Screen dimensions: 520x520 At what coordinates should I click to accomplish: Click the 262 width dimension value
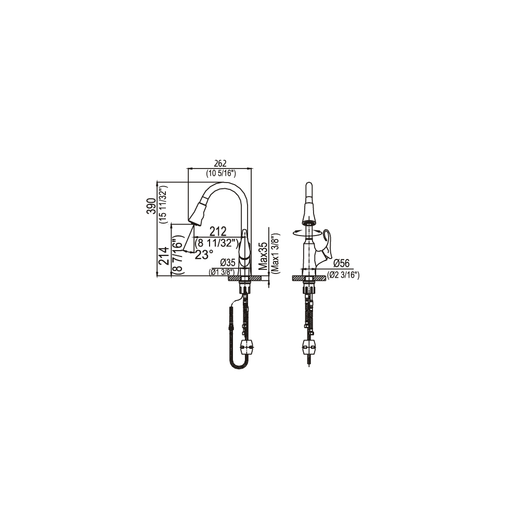click(x=220, y=163)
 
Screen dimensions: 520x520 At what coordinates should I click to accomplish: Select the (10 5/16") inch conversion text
click(x=220, y=173)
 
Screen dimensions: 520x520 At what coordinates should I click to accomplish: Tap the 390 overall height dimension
click(x=151, y=206)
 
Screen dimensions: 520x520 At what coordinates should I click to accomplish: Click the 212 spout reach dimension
click(x=217, y=231)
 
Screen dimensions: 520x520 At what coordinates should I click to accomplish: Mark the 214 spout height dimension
click(x=164, y=256)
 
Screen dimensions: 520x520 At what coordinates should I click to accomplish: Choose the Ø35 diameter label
click(x=228, y=263)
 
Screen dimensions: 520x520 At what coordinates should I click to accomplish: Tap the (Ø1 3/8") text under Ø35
click(x=222, y=272)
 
